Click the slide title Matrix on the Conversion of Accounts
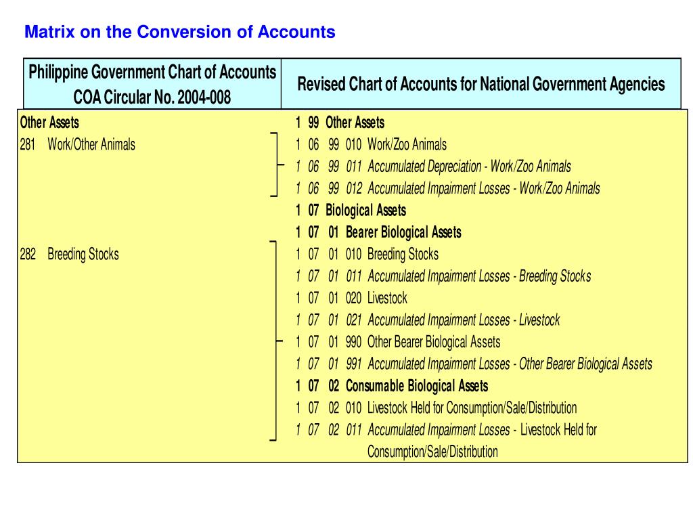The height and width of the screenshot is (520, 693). tap(179, 32)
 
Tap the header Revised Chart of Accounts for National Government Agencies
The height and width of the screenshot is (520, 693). tap(481, 84)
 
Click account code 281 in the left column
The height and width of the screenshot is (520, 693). tap(28, 144)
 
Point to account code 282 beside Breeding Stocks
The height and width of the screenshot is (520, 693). tap(28, 255)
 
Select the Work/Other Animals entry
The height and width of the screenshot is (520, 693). tap(91, 144)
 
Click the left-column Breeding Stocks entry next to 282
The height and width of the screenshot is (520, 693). tap(83, 255)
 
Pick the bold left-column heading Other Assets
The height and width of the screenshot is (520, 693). tap(49, 123)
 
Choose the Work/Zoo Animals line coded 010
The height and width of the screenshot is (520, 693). tap(407, 144)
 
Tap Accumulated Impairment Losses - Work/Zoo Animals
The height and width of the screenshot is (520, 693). tap(483, 188)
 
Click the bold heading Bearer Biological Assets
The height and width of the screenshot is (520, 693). tap(403, 232)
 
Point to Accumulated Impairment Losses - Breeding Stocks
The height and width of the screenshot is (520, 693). tap(478, 276)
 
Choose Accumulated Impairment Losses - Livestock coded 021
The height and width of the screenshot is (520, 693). tap(464, 320)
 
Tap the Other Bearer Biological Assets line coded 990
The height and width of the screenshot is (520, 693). tap(434, 342)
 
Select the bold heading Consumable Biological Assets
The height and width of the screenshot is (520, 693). tap(416, 386)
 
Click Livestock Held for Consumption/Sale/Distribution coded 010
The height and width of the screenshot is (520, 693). tap(472, 408)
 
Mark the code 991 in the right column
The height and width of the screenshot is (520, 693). tap(353, 364)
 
